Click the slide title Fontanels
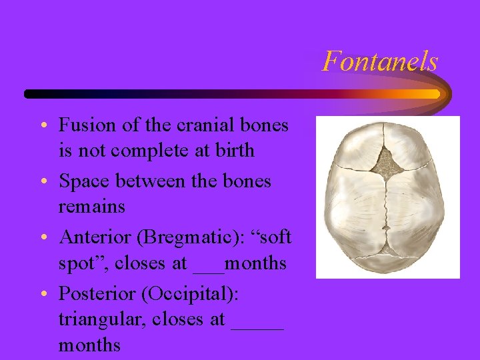380,62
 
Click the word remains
92,207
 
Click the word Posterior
94,294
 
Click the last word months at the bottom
89,345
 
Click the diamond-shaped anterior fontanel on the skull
388,159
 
